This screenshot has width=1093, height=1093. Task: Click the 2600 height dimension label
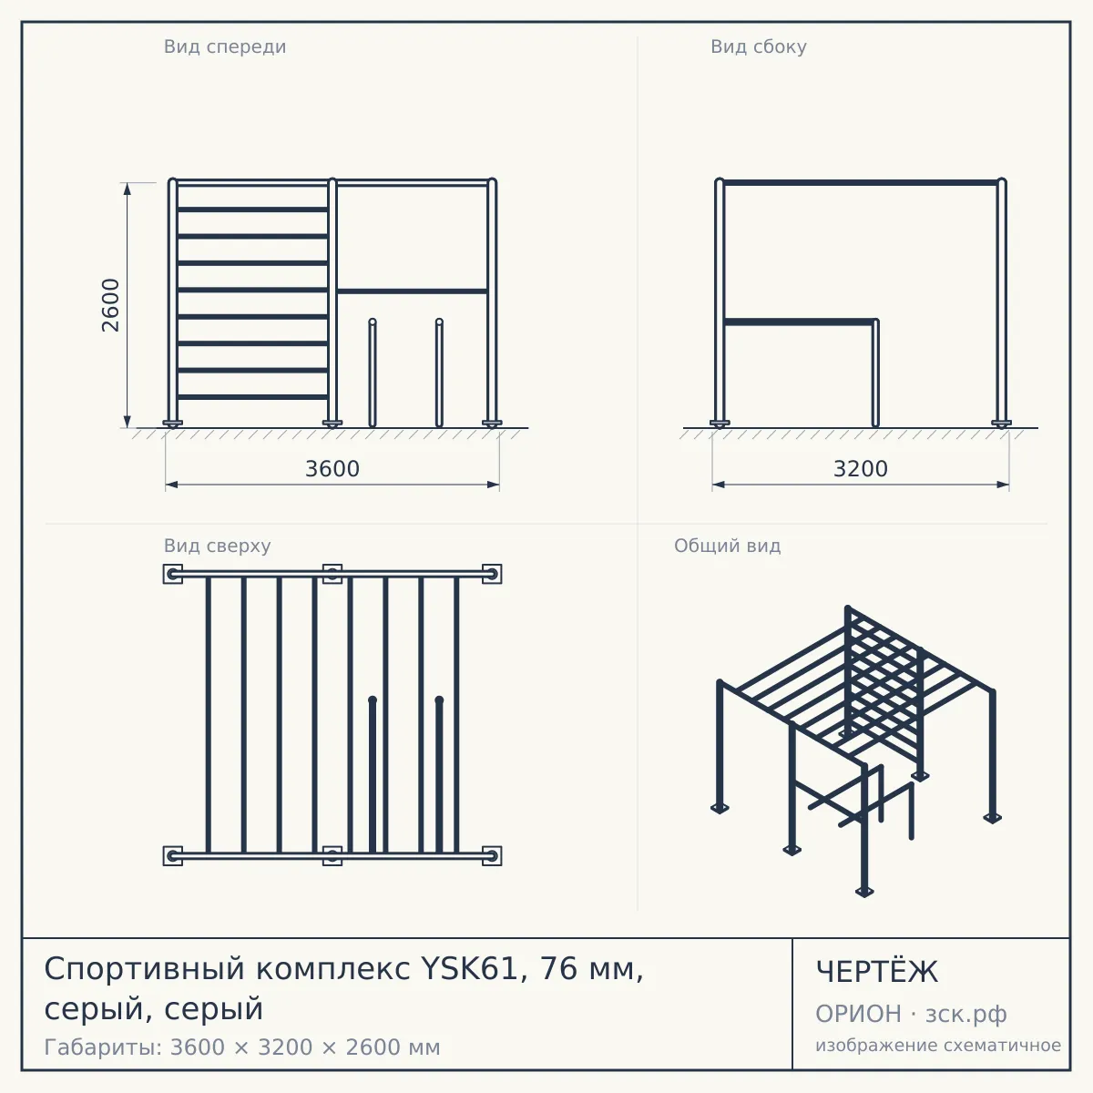click(x=110, y=305)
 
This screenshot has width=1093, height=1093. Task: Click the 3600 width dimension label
click(x=332, y=469)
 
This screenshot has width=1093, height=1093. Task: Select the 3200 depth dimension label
click(x=861, y=469)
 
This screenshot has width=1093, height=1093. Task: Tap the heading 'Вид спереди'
click(x=225, y=46)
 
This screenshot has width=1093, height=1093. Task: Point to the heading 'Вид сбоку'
click(x=759, y=46)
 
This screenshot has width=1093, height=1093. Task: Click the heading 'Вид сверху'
click(x=218, y=546)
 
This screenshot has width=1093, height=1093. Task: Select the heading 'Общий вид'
click(x=727, y=546)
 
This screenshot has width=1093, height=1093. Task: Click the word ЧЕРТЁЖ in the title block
click(x=877, y=972)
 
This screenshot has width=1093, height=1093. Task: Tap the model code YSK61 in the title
click(x=470, y=968)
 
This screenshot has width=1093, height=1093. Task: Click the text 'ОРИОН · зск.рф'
click(x=911, y=1014)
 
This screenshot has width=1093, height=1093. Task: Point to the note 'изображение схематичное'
click(x=938, y=1045)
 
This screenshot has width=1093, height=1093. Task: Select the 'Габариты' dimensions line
click(x=242, y=1047)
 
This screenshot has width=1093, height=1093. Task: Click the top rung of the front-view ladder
click(x=252, y=209)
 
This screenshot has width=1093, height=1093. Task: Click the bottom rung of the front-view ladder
click(x=252, y=397)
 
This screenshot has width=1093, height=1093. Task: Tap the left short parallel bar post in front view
click(x=373, y=373)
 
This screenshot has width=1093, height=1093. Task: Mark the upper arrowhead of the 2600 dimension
click(x=127, y=189)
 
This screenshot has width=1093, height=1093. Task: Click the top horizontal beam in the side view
click(x=861, y=183)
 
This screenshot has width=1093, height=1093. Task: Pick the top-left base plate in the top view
click(x=173, y=574)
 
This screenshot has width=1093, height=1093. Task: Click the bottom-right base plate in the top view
click(x=492, y=856)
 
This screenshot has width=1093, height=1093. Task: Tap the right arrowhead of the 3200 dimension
click(x=1004, y=485)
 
